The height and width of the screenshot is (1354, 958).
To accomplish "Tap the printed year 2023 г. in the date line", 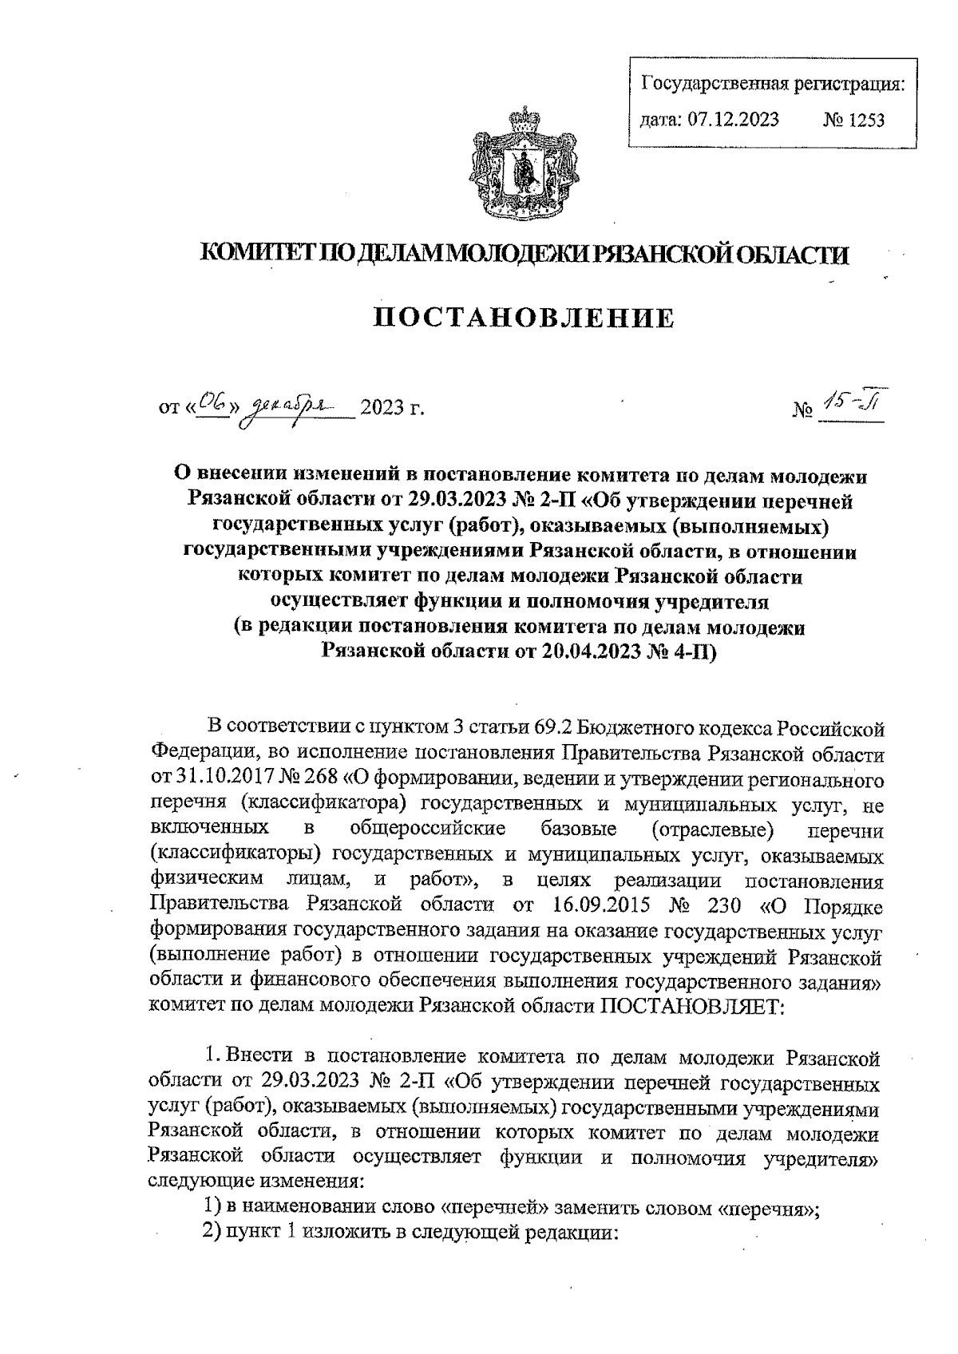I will (x=390, y=410).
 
